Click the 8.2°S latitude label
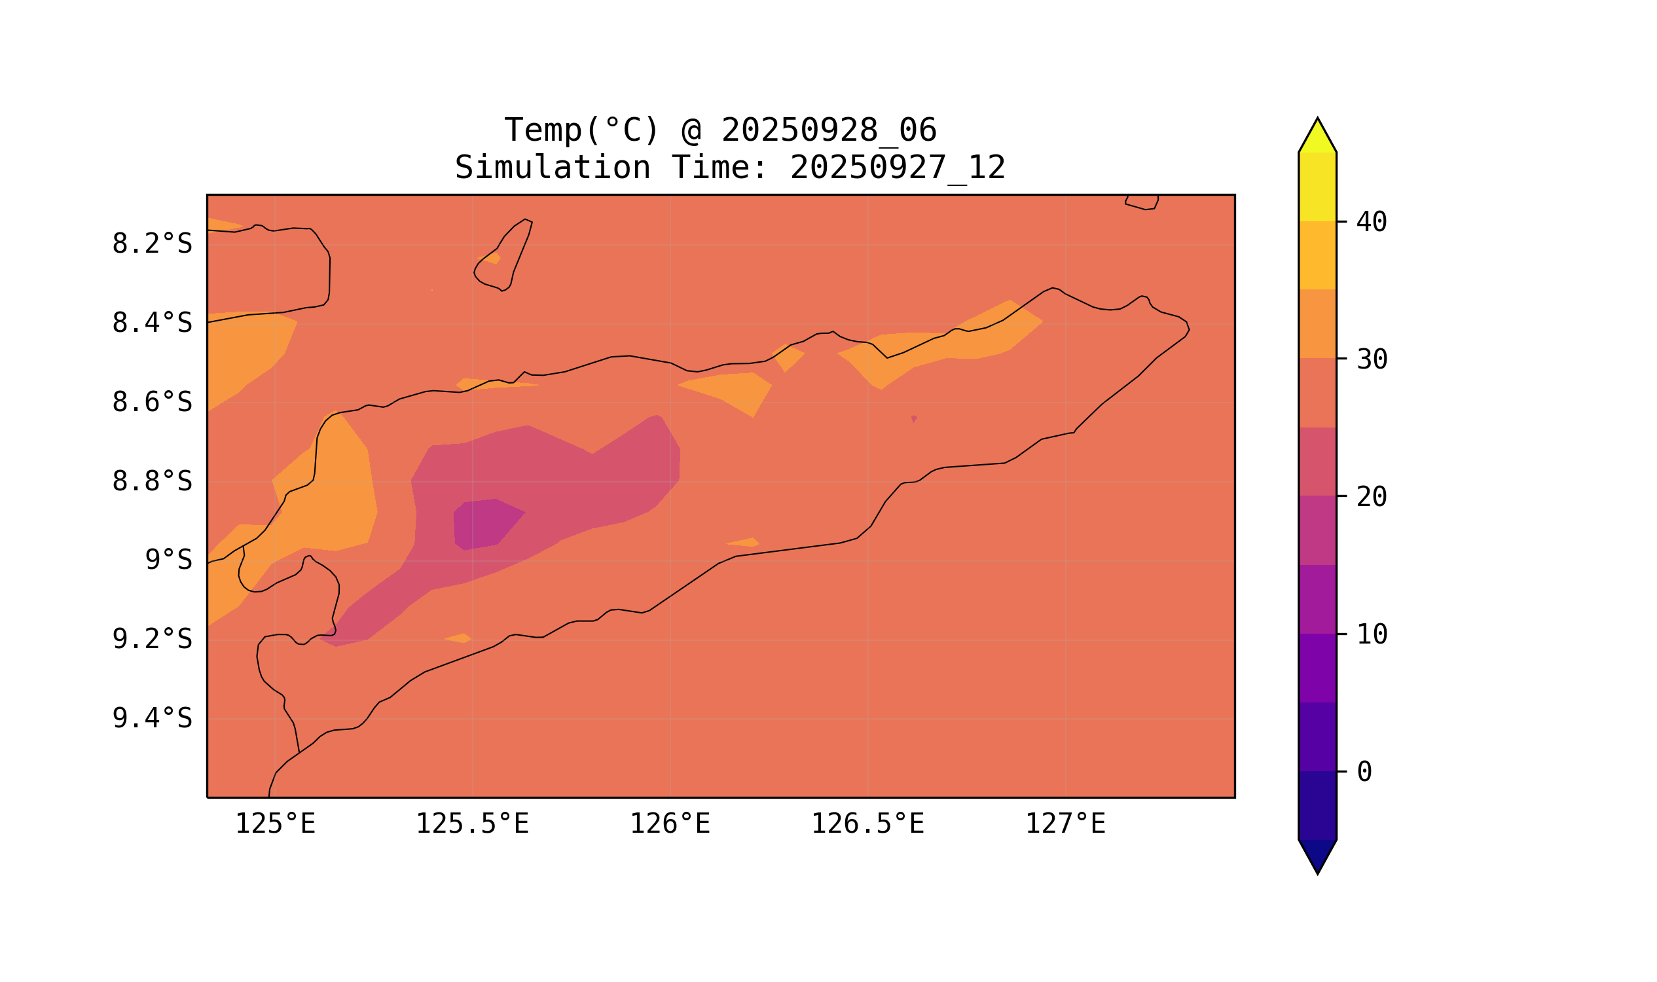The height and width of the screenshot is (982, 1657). point(151,244)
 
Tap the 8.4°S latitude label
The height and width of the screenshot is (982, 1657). point(151,323)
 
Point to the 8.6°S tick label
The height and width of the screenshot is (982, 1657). point(151,403)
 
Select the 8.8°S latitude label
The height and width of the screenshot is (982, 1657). point(151,482)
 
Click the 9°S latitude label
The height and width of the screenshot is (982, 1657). point(168,560)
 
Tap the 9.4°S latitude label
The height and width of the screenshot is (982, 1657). point(151,719)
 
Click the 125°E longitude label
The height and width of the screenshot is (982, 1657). point(275,824)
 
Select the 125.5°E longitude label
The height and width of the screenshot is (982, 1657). point(472,824)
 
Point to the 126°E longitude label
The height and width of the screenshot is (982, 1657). point(670,824)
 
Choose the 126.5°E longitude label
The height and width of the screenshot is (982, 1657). point(867,824)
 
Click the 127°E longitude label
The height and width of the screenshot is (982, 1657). point(1065,824)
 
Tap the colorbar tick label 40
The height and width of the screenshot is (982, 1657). point(1371,223)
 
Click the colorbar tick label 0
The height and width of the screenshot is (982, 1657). point(1364,773)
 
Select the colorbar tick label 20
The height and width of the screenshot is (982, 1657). point(1371,497)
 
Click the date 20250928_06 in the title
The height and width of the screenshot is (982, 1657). point(829,130)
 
